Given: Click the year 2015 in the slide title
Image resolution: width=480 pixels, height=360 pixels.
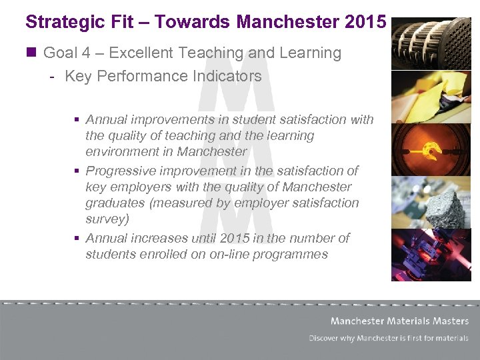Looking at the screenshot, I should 366,21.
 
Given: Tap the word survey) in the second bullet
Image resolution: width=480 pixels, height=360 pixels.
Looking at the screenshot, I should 107,219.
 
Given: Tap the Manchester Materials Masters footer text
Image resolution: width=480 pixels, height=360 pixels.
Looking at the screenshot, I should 399,321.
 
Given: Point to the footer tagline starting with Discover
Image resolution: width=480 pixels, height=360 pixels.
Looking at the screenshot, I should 388,338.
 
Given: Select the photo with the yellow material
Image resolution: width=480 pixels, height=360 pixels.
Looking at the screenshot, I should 431,97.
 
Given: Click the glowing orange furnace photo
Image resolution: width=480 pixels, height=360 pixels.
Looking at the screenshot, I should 431,149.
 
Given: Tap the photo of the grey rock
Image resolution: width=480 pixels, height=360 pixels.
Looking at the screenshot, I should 431,202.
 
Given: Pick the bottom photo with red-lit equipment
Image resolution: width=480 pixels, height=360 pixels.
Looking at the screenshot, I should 431,254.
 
